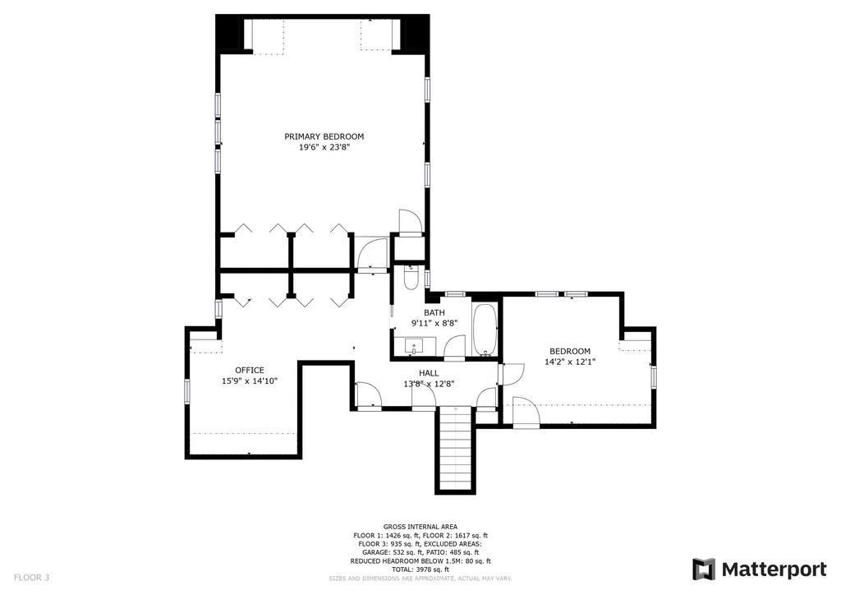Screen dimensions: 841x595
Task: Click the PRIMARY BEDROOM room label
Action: [x=324, y=136]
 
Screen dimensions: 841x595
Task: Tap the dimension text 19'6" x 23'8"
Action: [x=324, y=147]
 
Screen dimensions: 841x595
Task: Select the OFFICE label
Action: [x=250, y=370]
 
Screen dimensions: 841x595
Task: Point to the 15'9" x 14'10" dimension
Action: [x=250, y=381]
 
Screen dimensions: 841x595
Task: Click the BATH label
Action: [x=434, y=313]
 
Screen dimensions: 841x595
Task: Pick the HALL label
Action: [x=429, y=373]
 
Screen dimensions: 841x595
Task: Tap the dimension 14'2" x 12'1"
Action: [x=570, y=362]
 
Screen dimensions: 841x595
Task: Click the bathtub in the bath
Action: [x=485, y=330]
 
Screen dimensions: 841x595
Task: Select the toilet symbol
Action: [x=411, y=277]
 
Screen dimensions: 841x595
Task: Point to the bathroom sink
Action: [x=414, y=347]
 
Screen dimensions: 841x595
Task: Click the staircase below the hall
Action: [x=455, y=450]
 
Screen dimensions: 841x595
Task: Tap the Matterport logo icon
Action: [x=704, y=570]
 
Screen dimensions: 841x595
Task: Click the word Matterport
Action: [x=774, y=570]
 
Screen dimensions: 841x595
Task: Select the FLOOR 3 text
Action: [x=32, y=577]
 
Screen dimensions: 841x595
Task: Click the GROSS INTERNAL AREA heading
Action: [x=420, y=527]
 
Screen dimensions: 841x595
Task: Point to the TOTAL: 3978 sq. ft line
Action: [x=420, y=570]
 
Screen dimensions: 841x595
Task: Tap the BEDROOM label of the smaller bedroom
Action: [x=570, y=352]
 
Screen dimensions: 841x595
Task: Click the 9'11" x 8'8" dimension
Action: [x=434, y=323]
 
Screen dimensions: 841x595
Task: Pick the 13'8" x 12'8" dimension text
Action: [x=429, y=384]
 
